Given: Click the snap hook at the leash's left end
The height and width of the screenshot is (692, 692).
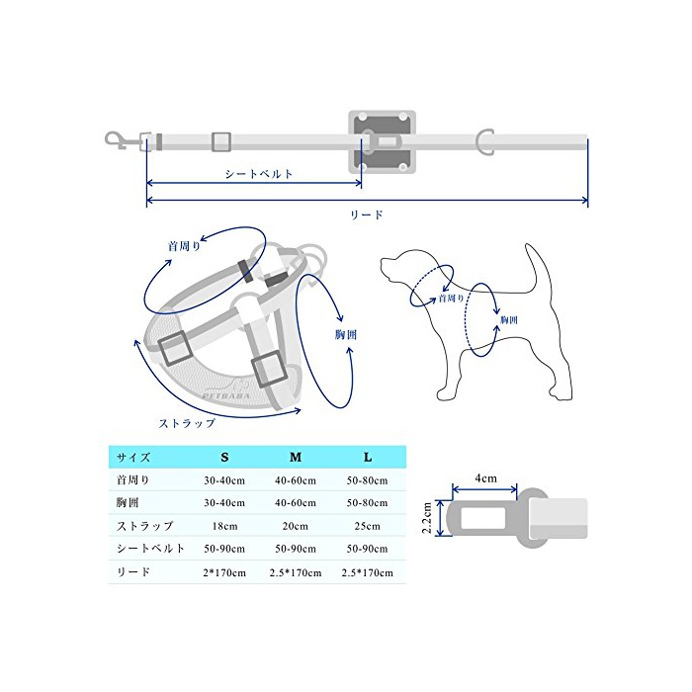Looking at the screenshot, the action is click(x=116, y=140).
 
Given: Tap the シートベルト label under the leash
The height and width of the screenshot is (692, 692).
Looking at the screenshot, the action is click(x=259, y=174).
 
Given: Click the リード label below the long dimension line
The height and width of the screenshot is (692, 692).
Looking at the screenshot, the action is click(x=367, y=215).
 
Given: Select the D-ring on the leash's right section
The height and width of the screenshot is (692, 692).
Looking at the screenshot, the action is click(x=483, y=142).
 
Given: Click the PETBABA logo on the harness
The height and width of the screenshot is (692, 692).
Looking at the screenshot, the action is click(x=226, y=395).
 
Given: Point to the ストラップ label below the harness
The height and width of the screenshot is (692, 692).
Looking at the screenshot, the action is click(x=187, y=423).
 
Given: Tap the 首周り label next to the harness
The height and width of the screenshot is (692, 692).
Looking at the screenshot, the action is click(x=184, y=245).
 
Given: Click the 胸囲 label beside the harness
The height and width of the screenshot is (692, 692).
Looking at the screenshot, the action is click(x=346, y=334).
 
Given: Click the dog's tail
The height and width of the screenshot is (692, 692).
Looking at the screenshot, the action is click(x=539, y=269).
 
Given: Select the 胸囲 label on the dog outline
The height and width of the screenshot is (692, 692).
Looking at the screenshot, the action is click(x=509, y=319).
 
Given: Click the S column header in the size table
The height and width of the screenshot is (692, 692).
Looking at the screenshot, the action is click(x=224, y=457).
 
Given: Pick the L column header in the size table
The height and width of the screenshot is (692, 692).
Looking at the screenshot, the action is click(x=368, y=457).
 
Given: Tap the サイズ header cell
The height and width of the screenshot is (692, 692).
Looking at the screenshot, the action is click(x=133, y=457).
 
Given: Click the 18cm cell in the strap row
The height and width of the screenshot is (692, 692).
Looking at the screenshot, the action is click(x=224, y=526).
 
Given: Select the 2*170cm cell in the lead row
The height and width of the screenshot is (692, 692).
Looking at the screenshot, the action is click(x=224, y=572).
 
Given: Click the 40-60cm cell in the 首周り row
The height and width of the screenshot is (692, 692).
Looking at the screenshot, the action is click(x=296, y=480).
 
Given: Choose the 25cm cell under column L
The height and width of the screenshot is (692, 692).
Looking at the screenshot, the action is click(x=367, y=526).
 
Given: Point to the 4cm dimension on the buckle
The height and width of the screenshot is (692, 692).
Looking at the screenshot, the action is click(x=486, y=478).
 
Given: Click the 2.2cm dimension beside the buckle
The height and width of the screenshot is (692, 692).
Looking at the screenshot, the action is click(x=427, y=518).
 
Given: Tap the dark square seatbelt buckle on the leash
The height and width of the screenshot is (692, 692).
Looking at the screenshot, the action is click(x=383, y=141).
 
